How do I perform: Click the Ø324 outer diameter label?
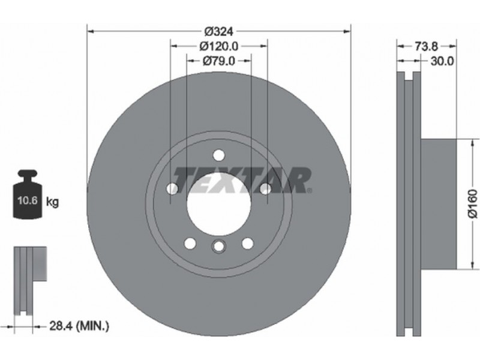(x=219, y=31)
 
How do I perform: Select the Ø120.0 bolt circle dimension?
(x=219, y=46)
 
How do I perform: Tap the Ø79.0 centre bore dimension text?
(x=219, y=61)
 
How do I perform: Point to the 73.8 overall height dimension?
(x=427, y=46)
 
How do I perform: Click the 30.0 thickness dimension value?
(x=442, y=61)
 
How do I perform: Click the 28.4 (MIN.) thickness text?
(x=79, y=326)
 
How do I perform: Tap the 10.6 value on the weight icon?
(x=28, y=200)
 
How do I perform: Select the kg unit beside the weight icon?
(x=52, y=202)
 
